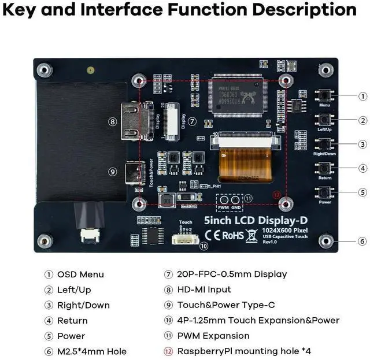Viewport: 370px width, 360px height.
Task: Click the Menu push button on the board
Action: click(324, 96)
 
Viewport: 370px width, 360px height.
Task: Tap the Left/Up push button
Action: click(324, 120)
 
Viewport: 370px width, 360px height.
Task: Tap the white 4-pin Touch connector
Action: click(185, 235)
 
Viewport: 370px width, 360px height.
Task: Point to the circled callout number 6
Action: click(362, 241)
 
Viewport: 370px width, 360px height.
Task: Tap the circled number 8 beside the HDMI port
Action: click(113, 121)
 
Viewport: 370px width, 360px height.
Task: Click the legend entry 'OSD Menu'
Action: click(80, 274)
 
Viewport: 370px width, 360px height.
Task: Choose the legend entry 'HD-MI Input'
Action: click(203, 290)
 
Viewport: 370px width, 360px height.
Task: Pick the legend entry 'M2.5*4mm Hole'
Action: click(91, 351)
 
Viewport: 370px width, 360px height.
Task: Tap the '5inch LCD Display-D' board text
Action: click(243, 221)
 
